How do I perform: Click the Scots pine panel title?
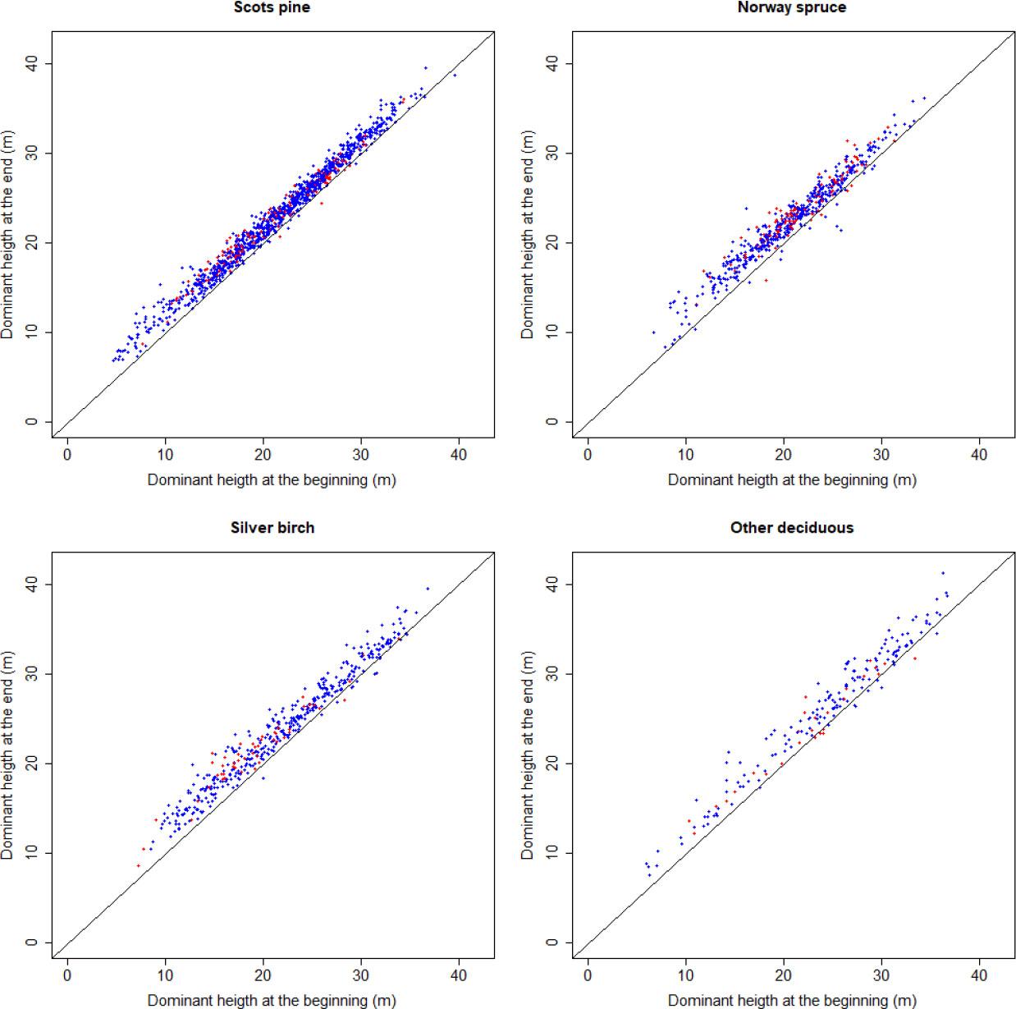point(272,7)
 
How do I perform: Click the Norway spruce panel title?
point(791,7)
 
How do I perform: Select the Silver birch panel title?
point(272,528)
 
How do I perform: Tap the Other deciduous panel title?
point(791,528)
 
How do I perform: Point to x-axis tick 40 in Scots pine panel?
point(459,455)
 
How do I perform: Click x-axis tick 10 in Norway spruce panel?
point(685,455)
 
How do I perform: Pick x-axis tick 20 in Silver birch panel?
point(263,975)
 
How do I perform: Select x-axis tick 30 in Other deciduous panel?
point(881,975)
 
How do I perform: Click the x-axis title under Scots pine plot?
point(272,479)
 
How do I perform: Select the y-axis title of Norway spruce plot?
point(528,234)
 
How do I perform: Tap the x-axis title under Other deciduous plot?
point(791,1000)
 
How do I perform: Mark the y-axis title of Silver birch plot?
point(8,754)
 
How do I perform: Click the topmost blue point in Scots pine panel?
point(426,67)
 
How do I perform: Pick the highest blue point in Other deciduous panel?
point(943,573)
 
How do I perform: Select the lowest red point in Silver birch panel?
point(138,865)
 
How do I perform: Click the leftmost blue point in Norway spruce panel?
point(653,333)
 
